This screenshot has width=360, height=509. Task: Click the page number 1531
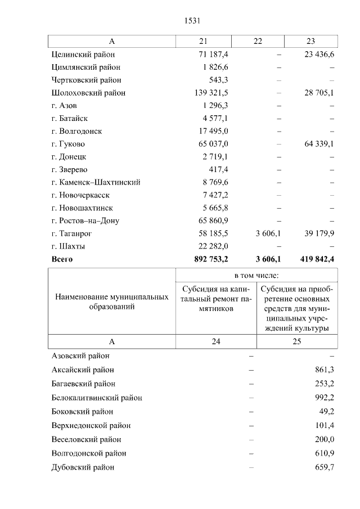pyautogui.click(x=192, y=21)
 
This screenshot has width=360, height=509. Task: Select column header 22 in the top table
pyautogui.click(x=258, y=42)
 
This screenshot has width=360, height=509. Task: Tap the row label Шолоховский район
pyautogui.click(x=88, y=93)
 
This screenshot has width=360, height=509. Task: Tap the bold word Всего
pyautogui.click(x=62, y=259)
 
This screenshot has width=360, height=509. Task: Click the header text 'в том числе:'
pyautogui.click(x=256, y=276)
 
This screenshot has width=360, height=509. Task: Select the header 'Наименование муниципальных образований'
pyautogui.click(x=111, y=301)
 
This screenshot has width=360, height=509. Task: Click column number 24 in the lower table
pyautogui.click(x=216, y=341)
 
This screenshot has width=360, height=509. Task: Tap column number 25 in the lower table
pyautogui.click(x=297, y=341)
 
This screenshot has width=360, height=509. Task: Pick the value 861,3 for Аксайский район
pyautogui.click(x=325, y=370)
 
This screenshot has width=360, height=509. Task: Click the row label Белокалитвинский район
pyautogui.click(x=96, y=398)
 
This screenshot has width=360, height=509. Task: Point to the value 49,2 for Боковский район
pyautogui.click(x=327, y=411)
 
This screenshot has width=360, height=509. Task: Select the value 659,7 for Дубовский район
pyautogui.click(x=325, y=467)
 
